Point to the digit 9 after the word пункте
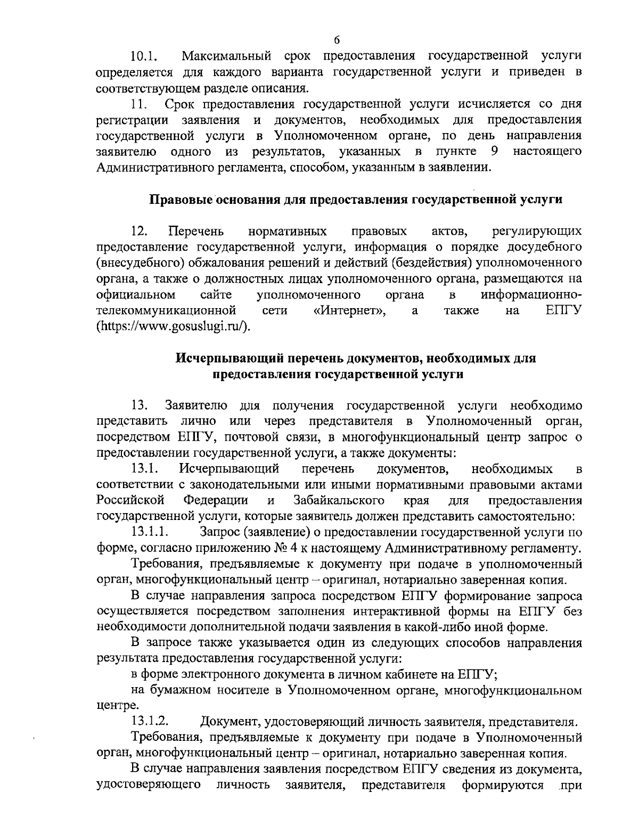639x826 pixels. pyautogui.click(x=495, y=152)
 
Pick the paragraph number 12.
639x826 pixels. pyautogui.click(x=140, y=231)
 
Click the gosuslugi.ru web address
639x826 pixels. pyautogui.click(x=173, y=326)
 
